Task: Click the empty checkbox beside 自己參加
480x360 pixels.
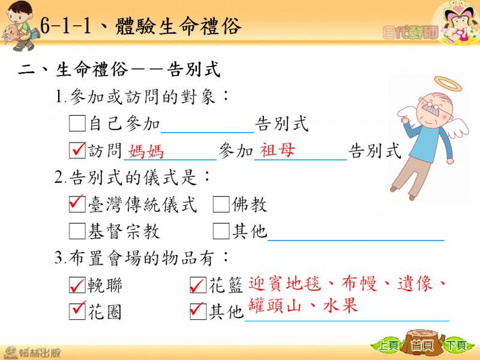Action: (77, 124)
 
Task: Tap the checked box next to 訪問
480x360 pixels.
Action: (77, 150)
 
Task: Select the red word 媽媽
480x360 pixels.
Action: (146, 151)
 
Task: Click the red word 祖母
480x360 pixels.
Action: (278, 150)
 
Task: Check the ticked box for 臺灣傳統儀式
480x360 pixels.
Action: (77, 204)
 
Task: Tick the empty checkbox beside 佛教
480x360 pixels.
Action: (221, 204)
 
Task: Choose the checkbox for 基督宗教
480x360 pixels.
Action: (77, 231)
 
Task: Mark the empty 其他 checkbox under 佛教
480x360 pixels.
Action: (221, 231)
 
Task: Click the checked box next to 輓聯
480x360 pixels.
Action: (77, 285)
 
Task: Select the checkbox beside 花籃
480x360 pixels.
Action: (198, 285)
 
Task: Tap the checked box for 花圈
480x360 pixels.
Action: (77, 311)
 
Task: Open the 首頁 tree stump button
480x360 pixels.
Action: (422, 343)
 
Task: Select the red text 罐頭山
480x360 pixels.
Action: (275, 305)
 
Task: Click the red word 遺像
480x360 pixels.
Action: (415, 283)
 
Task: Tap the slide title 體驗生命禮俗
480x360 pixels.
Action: (178, 26)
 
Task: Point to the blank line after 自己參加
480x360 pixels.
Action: (207, 133)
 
